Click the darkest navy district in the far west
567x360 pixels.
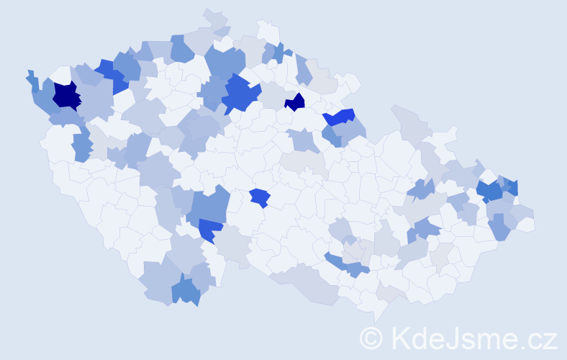pyautogui.click(x=65, y=95)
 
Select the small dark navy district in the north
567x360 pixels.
pyautogui.click(x=295, y=102)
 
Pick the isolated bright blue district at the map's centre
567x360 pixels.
pyautogui.click(x=259, y=197)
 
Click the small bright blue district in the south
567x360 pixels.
pyautogui.click(x=209, y=229)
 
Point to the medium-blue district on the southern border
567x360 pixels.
pyautogui.click(x=186, y=292)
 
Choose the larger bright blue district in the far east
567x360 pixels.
pyautogui.click(x=490, y=191)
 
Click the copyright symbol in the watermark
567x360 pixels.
pyautogui.click(x=372, y=338)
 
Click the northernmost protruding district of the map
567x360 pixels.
pyautogui.click(x=214, y=17)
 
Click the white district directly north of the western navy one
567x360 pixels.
pyautogui.click(x=62, y=73)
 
